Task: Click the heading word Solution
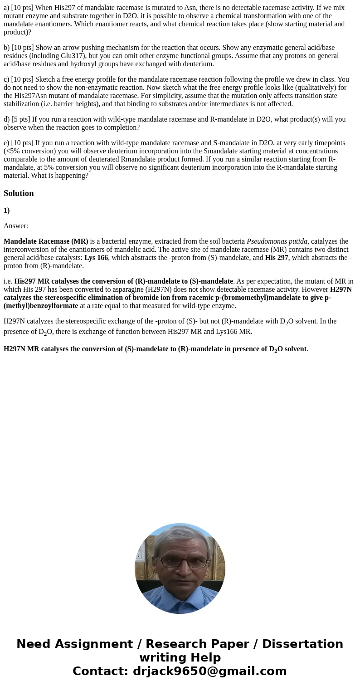19,193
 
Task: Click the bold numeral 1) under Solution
7,211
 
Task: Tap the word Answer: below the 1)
16,226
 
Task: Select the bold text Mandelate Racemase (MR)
46,241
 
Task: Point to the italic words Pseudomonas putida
277,241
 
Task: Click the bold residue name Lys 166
96,258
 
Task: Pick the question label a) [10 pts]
19,8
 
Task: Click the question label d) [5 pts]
17,119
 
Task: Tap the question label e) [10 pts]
19,143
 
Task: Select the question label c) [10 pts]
19,79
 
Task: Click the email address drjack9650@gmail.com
209,671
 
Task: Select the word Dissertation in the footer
302,644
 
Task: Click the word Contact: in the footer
101,671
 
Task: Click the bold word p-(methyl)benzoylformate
41,306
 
